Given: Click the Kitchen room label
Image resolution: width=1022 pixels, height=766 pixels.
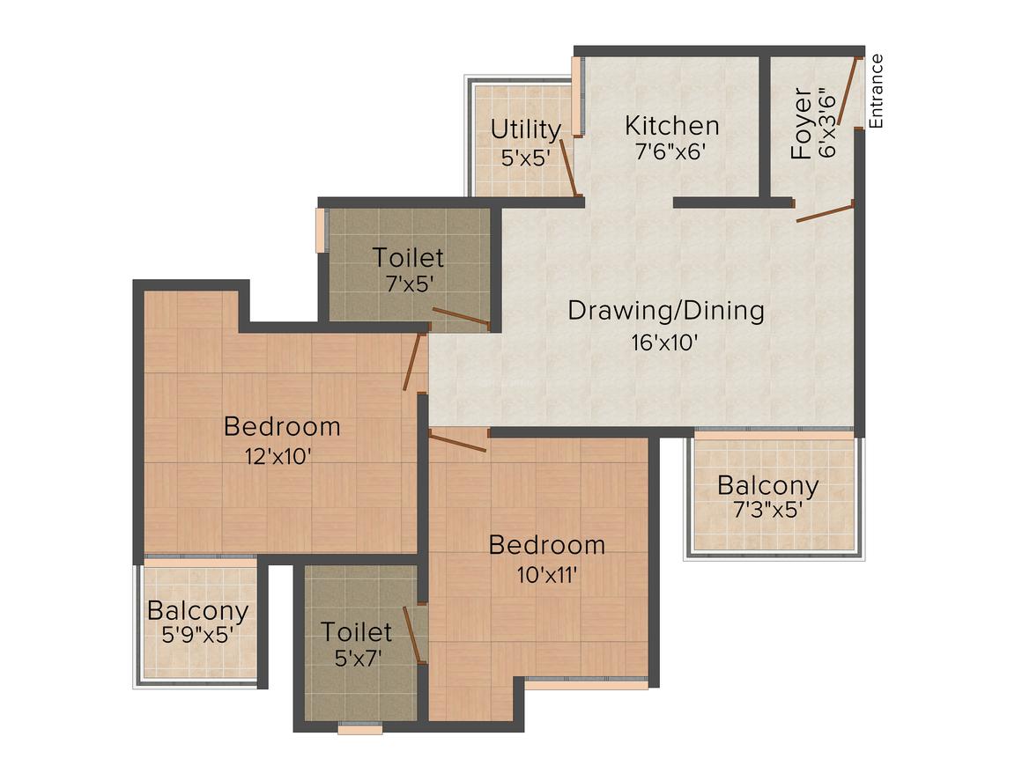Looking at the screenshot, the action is click(x=672, y=126).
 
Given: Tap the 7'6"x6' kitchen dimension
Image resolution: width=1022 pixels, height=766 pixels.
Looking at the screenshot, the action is click(x=670, y=151).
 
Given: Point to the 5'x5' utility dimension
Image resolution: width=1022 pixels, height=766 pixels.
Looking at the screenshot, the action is click(x=526, y=158).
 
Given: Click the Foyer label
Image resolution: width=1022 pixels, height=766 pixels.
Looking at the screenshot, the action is click(x=801, y=124).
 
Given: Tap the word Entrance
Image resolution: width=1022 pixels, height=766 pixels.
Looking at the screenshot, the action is click(x=876, y=92).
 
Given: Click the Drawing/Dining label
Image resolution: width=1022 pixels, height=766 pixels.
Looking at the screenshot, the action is click(x=666, y=311).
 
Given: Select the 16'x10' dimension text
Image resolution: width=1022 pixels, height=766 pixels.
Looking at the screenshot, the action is click(x=665, y=342).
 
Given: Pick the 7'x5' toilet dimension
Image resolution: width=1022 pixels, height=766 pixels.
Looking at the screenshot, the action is click(x=410, y=284).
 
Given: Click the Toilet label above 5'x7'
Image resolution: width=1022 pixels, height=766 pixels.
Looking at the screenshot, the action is click(x=356, y=632).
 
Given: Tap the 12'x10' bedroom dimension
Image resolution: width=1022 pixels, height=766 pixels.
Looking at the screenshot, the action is click(x=278, y=456).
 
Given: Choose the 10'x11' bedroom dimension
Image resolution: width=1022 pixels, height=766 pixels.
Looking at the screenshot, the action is click(x=547, y=574).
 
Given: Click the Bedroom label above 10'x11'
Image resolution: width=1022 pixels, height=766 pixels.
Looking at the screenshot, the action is click(x=547, y=545).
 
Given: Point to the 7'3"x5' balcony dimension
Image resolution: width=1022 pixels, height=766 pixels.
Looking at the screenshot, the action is click(x=767, y=510).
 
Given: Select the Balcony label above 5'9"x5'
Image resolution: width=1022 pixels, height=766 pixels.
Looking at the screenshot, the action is click(x=197, y=611).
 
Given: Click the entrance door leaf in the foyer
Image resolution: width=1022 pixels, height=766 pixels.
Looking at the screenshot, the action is click(x=848, y=91).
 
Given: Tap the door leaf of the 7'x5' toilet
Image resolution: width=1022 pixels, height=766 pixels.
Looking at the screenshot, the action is click(x=461, y=317).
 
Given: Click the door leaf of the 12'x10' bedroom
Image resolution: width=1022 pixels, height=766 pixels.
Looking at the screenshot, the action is click(x=413, y=362).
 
